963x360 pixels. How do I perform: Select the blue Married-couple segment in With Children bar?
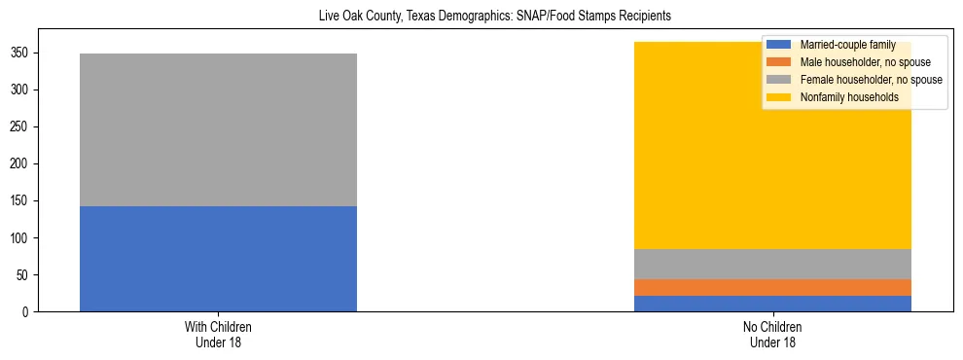click(x=218, y=259)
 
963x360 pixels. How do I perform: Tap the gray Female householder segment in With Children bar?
click(x=218, y=129)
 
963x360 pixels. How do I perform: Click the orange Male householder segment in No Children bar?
click(x=772, y=287)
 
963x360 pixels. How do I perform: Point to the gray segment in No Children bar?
click(x=772, y=264)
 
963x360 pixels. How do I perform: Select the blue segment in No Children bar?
click(x=772, y=304)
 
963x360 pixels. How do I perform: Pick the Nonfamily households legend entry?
click(x=849, y=97)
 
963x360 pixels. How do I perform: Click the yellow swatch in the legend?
click(x=779, y=97)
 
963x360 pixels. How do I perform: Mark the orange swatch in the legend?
click(x=779, y=62)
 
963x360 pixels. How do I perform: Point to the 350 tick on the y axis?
click(x=24, y=53)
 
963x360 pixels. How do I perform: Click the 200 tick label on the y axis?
click(x=24, y=163)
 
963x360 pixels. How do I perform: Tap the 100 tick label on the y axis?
click(x=24, y=237)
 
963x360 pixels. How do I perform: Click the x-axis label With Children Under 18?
click(x=218, y=335)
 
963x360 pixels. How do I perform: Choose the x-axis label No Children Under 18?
click(x=772, y=335)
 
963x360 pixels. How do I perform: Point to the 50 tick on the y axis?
click(x=27, y=274)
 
